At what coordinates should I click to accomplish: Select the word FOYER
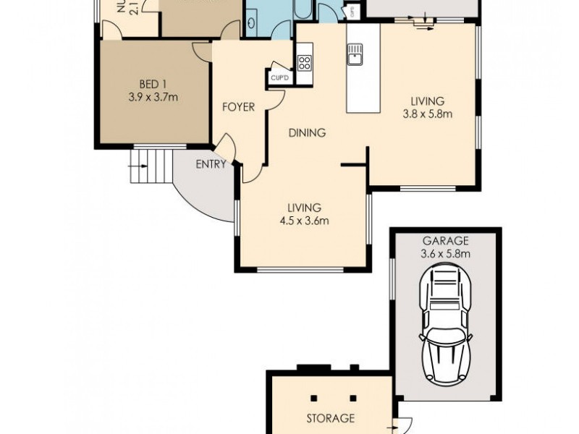click(x=238, y=107)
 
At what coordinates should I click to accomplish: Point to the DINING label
click(x=307, y=133)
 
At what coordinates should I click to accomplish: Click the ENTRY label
click(x=211, y=164)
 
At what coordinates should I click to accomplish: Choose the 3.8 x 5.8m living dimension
click(x=427, y=114)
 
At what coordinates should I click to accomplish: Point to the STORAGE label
click(x=330, y=418)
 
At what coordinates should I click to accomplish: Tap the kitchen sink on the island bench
click(x=355, y=54)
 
